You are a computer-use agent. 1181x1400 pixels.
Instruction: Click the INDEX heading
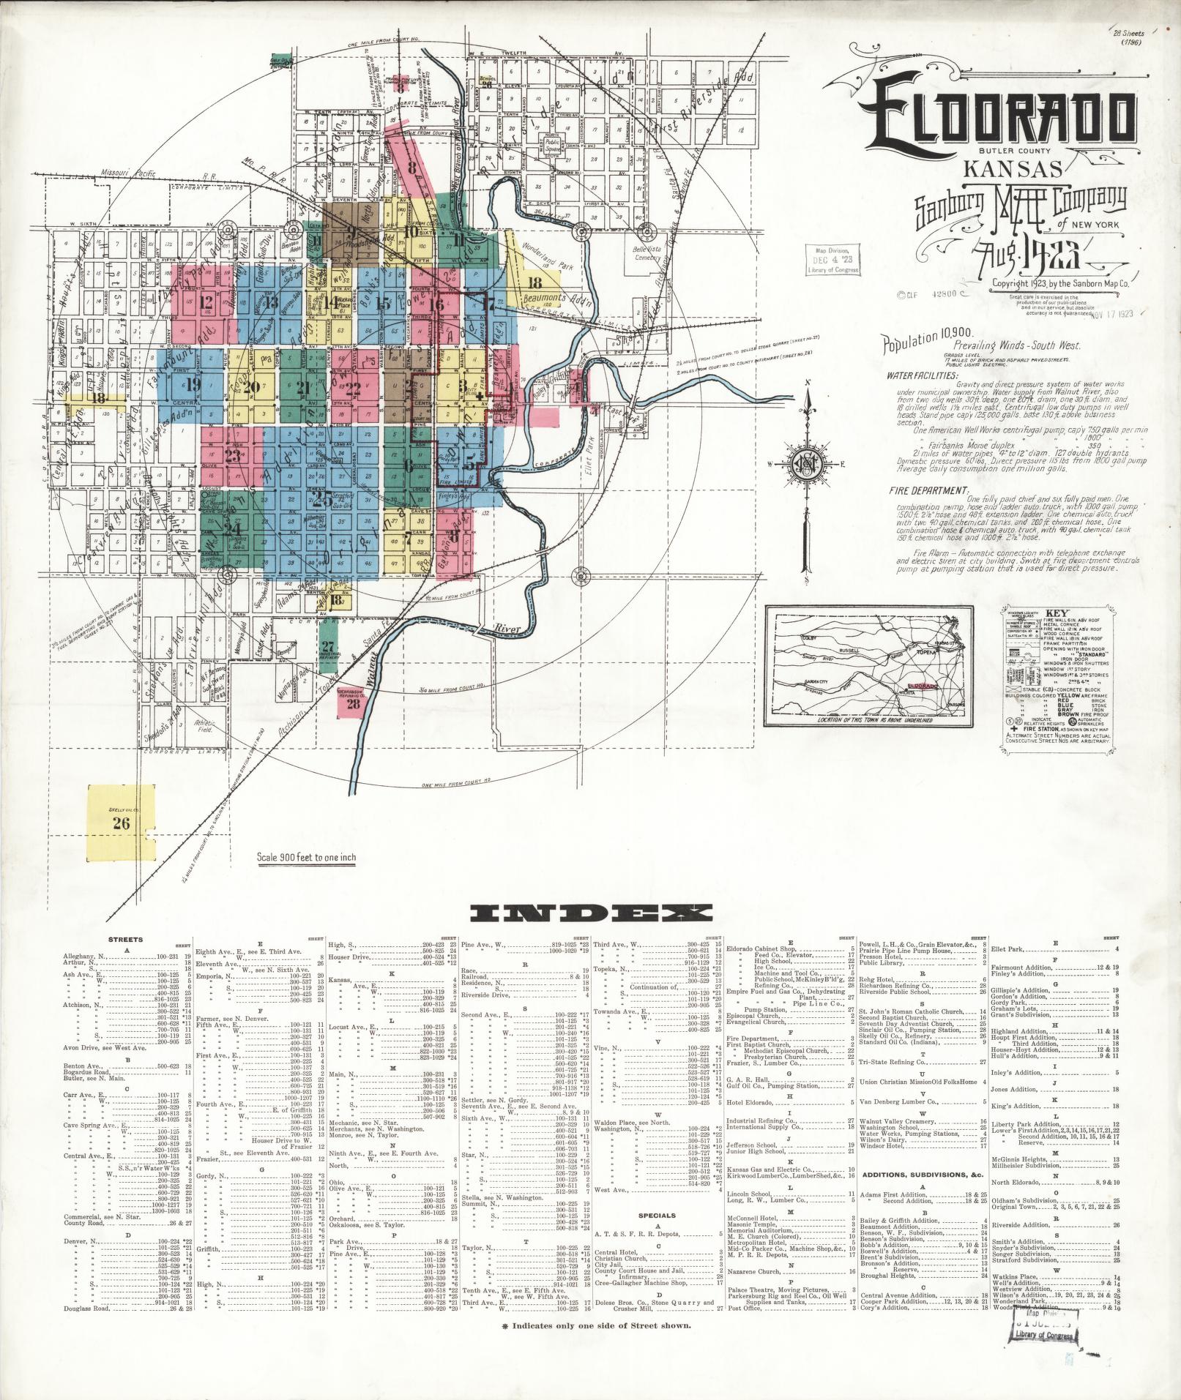[591, 912]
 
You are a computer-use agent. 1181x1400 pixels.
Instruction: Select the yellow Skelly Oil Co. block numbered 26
[121, 822]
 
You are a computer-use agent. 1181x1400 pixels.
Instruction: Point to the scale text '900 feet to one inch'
[307, 857]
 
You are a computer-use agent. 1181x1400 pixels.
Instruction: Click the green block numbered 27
[328, 648]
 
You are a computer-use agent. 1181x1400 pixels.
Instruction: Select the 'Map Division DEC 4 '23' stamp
[832, 260]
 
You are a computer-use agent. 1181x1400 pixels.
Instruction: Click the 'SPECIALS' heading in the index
[657, 1215]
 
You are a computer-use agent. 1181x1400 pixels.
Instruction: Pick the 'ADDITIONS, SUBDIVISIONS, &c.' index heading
[920, 1175]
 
